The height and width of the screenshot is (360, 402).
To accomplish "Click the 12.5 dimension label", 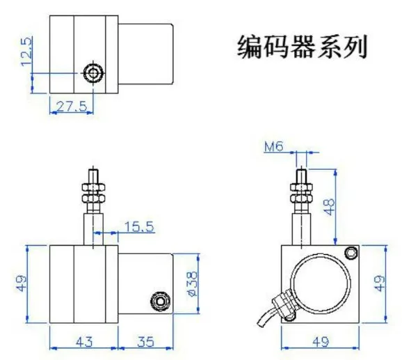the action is (x=27, y=52).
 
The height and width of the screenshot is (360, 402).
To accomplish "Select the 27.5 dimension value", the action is (x=72, y=106).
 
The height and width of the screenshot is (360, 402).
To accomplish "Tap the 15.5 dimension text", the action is (x=140, y=227).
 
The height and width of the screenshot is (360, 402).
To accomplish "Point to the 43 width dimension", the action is (x=84, y=341).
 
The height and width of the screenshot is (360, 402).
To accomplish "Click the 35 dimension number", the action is (x=145, y=341).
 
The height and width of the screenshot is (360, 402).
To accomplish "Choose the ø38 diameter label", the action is (x=193, y=283).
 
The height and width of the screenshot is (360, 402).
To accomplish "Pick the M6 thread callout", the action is (x=273, y=147).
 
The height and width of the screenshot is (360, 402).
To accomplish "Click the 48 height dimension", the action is (x=330, y=207).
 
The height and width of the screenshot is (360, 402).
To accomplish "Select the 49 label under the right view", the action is (x=321, y=341).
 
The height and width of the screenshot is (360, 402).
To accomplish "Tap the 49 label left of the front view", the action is (x=22, y=283).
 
